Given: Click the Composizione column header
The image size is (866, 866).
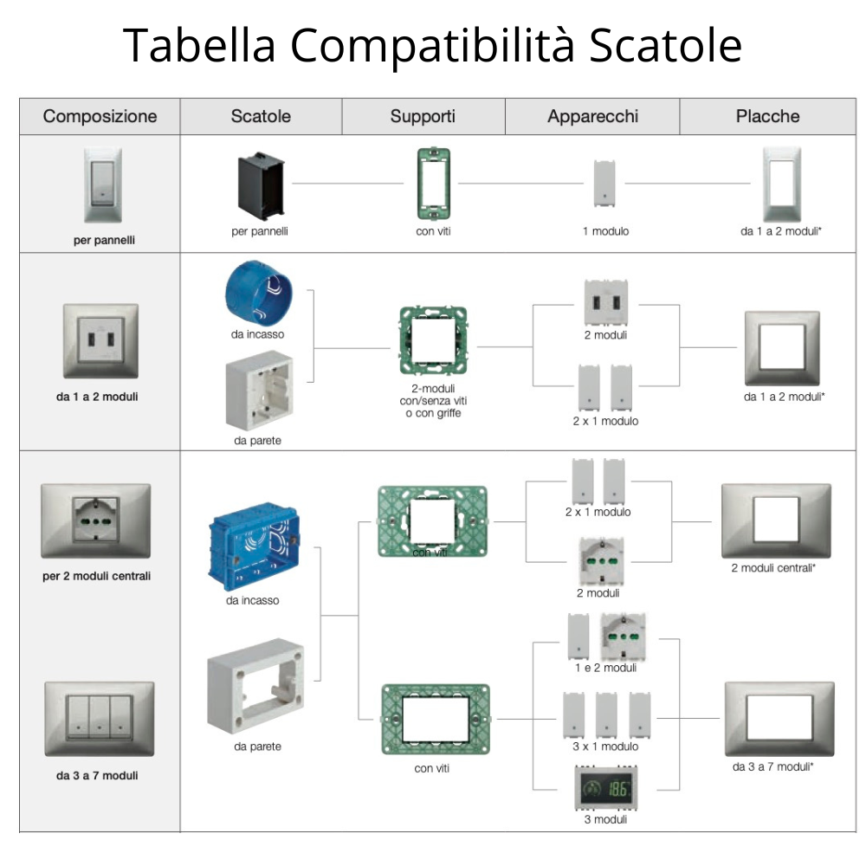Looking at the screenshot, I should (100, 116).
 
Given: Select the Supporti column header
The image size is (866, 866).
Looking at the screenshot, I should (423, 116).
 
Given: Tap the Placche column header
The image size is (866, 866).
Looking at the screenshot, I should (767, 116).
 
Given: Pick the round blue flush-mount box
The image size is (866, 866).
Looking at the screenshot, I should (258, 294).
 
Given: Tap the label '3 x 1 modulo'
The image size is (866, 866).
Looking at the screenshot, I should (605, 746).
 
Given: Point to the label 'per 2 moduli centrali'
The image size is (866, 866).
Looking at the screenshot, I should (96, 575).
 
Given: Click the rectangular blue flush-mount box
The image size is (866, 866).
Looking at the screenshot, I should (253, 553).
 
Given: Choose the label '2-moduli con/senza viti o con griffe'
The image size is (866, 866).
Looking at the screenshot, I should (434, 401).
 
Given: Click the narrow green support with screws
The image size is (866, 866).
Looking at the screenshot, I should (432, 184).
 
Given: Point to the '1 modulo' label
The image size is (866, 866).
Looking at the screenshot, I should (605, 232).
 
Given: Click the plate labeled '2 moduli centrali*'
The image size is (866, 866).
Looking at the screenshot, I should (775, 520).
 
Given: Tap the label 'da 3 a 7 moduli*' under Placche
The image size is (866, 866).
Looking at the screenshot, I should (772, 767).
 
